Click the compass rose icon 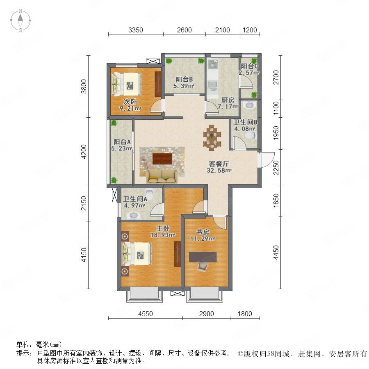pos(20,20)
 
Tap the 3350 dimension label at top pos(136,30)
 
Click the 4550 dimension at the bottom pos(146,314)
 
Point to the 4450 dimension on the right pos(276,252)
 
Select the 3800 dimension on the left pos(84,87)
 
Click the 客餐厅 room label pos(219,164)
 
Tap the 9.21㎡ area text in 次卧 pos(130,109)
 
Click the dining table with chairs pos(212,138)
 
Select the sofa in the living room pos(162,176)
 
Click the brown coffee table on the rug pos(162,159)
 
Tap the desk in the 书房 pos(203,257)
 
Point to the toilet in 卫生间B pos(251,136)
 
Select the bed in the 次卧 pos(127,84)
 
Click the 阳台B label pos(184,79)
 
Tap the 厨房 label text pos(228,100)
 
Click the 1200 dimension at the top pos(250,30)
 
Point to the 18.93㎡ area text pos(163,235)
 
